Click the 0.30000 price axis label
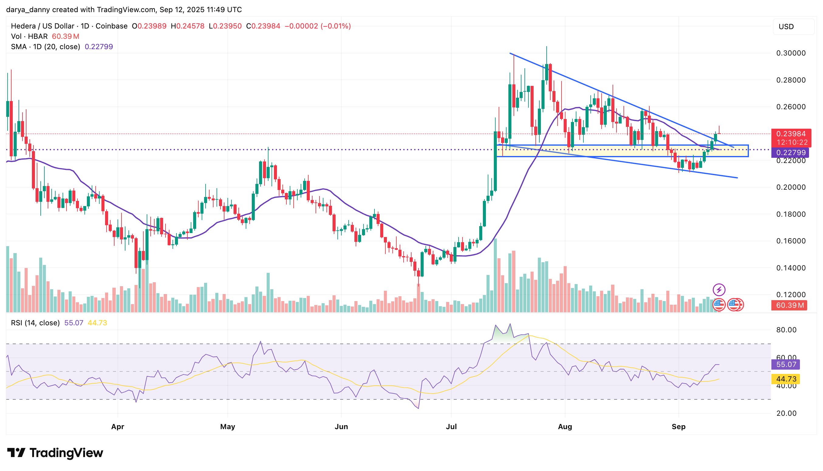pos(791,53)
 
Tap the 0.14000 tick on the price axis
pos(791,268)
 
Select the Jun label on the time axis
pos(341,427)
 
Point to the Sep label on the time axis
pos(678,427)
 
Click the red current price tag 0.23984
pos(791,134)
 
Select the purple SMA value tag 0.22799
pos(791,152)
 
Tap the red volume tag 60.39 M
pos(789,305)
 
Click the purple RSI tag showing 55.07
pos(786,364)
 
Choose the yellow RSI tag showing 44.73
pos(785,379)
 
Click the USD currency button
pos(786,26)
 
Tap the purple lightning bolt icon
pos(719,290)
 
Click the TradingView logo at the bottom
pos(55,453)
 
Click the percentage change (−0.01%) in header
pos(336,26)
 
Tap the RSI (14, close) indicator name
pos(35,323)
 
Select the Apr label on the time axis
pos(118,427)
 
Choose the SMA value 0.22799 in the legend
pos(99,47)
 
